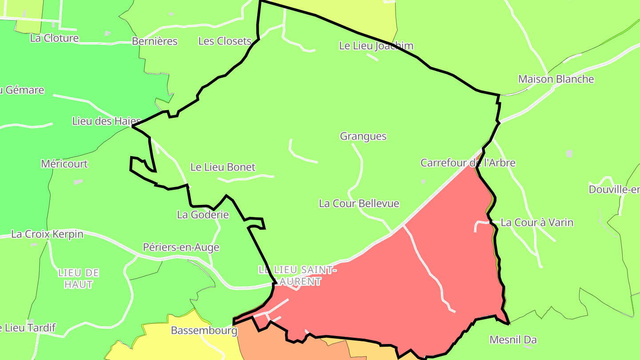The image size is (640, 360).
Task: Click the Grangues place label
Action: (363, 136)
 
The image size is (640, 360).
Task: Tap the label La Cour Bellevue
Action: (359, 204)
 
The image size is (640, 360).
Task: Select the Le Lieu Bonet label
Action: (223, 167)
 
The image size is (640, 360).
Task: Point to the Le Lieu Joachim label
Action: (376, 46)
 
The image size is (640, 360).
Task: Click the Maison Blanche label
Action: (556, 79)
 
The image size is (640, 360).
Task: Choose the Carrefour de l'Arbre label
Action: (468, 163)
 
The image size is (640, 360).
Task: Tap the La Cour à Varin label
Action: (537, 222)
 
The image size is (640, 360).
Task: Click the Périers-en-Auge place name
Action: (181, 247)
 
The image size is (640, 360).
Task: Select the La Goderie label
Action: (203, 215)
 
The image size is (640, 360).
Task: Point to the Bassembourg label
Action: (204, 331)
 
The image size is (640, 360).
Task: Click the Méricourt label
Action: (64, 164)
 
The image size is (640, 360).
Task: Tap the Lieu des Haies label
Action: (106, 121)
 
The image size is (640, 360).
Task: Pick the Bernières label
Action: (155, 41)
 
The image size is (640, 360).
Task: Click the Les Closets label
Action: (225, 41)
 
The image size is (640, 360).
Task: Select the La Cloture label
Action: (54, 38)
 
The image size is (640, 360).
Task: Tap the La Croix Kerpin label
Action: (47, 234)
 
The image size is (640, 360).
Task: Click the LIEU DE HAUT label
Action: (78, 278)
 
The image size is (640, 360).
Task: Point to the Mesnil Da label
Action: (513, 340)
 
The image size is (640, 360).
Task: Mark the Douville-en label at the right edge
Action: (614, 190)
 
